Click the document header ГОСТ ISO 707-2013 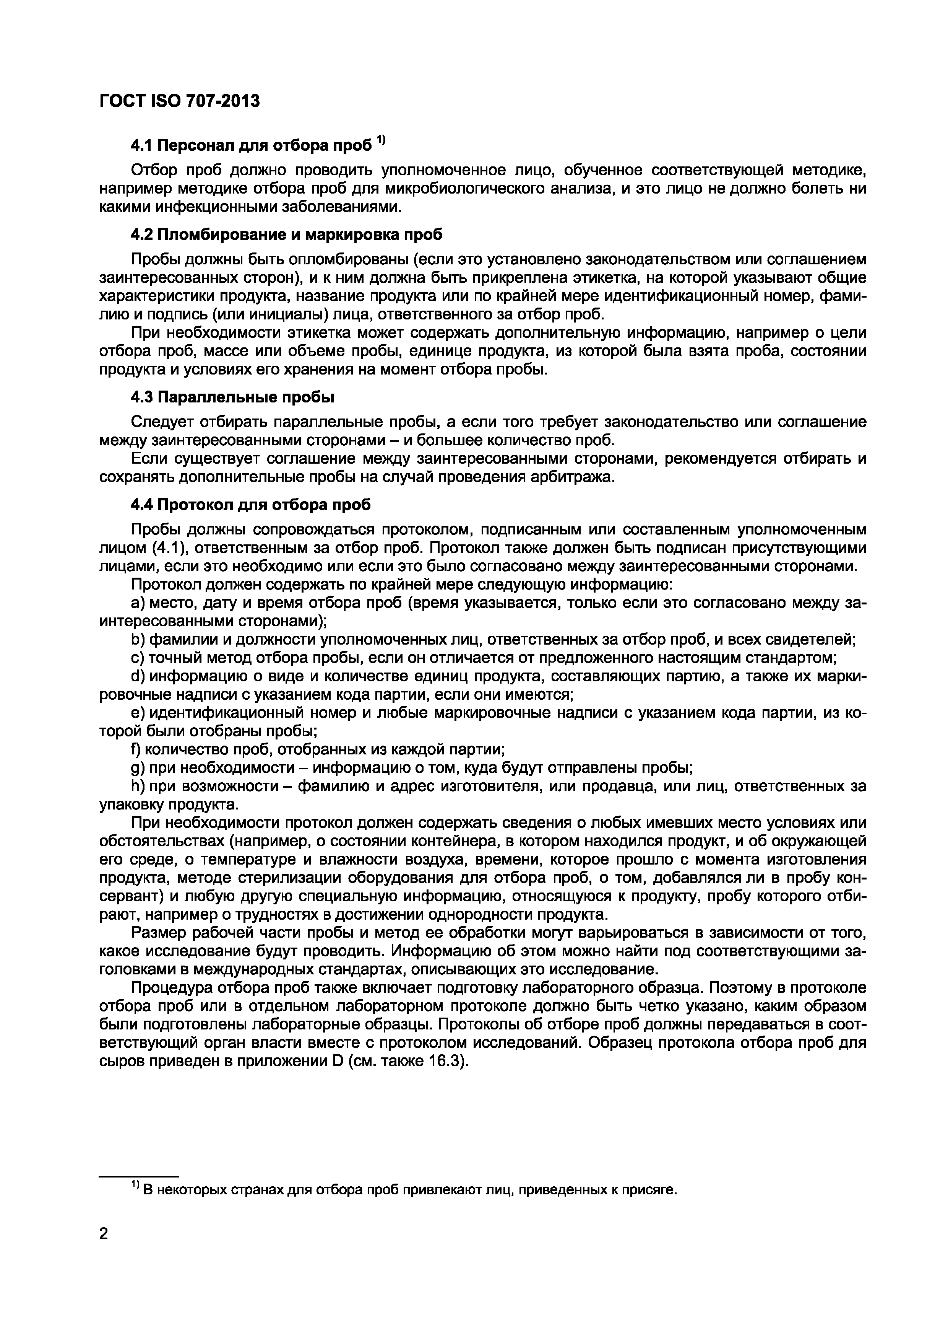[179, 101]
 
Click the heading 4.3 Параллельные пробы [232, 397]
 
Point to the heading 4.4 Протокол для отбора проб [250, 505]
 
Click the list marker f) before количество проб [136, 749]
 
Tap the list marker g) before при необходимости [138, 768]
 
